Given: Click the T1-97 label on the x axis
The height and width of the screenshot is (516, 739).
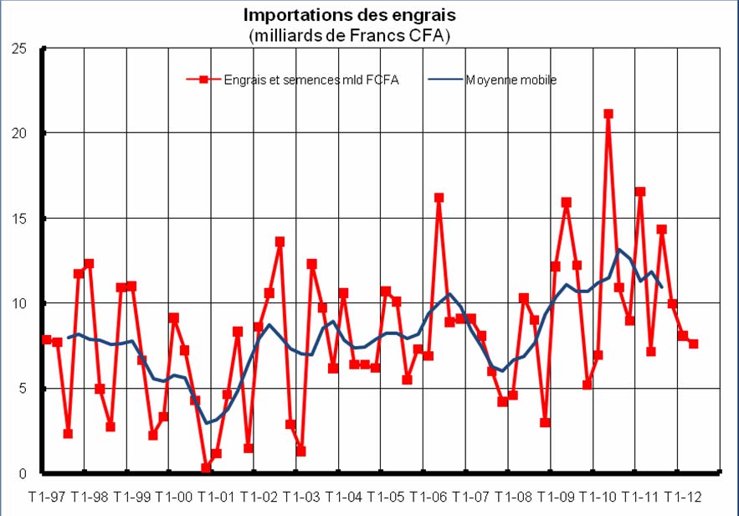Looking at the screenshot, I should (46, 496).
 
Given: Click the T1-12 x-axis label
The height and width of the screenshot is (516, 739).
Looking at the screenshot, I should (682, 496).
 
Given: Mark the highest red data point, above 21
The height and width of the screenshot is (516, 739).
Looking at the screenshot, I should (608, 114).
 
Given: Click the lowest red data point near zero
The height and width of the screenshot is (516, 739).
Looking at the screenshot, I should (206, 468).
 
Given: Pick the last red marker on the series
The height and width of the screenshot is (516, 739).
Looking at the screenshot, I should (694, 344).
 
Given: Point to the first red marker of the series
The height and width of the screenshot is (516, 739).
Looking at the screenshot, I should (46, 340).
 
